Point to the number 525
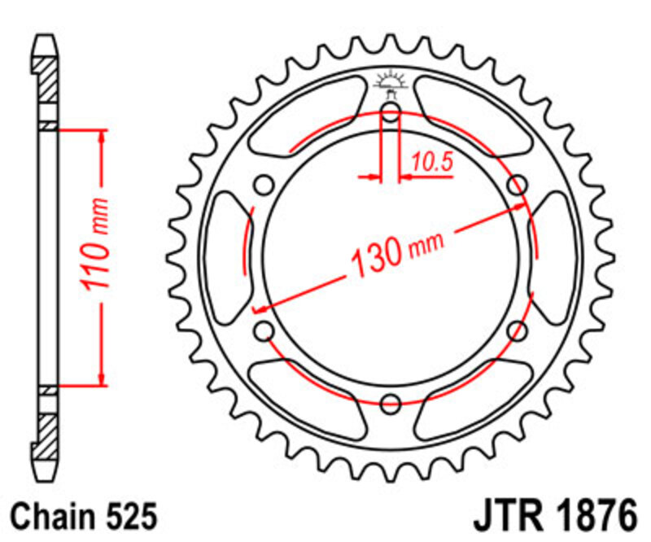(126, 517)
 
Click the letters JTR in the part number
(505, 517)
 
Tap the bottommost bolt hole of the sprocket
(391, 401)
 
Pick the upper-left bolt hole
(264, 185)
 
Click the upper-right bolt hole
(516, 185)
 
